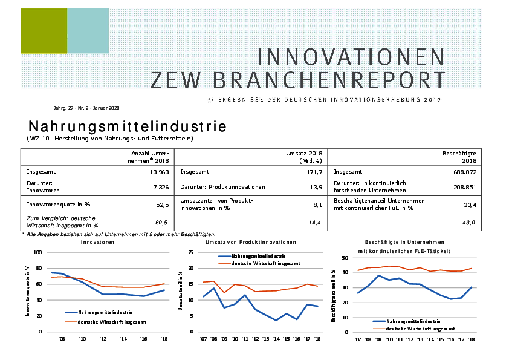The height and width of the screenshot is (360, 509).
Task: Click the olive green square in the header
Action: tap(43, 31)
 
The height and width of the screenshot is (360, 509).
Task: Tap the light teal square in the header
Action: tap(88, 31)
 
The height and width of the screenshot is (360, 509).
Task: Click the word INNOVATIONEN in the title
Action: tap(351, 57)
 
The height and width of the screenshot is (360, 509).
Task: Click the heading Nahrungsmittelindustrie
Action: tap(127, 127)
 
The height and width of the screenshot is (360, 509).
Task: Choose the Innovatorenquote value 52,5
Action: tap(162, 205)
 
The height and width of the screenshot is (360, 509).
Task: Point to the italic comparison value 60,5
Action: tap(161, 223)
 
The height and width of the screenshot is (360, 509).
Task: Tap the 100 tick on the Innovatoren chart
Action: tap(37, 252)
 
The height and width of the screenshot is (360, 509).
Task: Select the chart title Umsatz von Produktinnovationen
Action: tap(251, 242)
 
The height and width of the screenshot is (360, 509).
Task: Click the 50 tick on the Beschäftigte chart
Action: tap(344, 258)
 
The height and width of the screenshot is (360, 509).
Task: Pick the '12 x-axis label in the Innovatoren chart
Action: tap(103, 339)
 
